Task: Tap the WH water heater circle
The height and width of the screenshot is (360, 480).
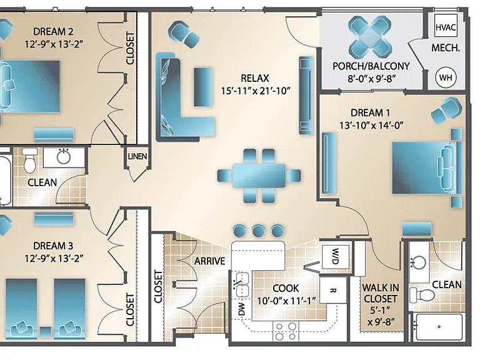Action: [446, 77]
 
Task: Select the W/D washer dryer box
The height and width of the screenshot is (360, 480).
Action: [336, 256]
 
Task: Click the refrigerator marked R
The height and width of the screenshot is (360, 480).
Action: [332, 290]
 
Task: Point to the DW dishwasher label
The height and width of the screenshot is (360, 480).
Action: [241, 309]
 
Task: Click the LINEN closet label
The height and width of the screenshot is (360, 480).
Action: [137, 156]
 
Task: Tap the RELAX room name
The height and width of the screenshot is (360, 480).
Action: [255, 78]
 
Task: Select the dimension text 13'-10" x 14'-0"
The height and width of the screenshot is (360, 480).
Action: [371, 125]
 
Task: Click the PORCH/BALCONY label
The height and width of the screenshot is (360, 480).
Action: [371, 66]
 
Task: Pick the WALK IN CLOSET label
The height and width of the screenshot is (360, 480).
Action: [381, 293]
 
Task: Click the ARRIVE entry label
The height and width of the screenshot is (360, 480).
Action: [210, 261]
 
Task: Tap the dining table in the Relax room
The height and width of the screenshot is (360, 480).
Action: [259, 176]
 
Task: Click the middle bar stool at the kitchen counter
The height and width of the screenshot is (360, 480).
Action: [258, 230]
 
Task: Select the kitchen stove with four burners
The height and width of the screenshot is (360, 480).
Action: [286, 331]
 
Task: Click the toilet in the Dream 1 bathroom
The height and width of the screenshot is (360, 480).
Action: [422, 294]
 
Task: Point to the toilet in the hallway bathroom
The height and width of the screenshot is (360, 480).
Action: [30, 160]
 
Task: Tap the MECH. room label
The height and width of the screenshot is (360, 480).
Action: [446, 48]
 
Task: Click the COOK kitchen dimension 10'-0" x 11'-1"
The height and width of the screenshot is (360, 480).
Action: [286, 301]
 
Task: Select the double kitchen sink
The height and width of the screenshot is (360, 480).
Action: [242, 285]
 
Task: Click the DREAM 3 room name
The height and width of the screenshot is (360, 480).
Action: [53, 246]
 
